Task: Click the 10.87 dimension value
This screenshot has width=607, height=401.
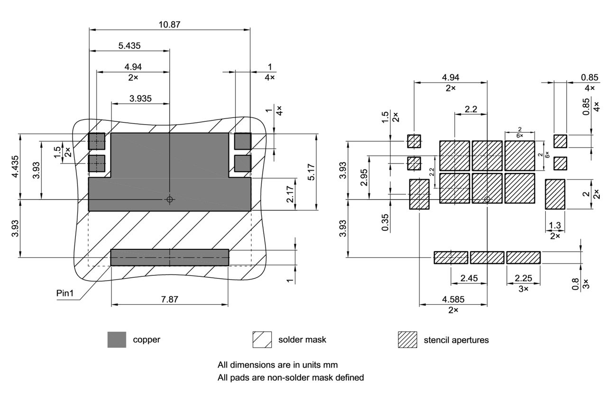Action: (170, 24)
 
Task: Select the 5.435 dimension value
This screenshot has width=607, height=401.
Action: (129, 46)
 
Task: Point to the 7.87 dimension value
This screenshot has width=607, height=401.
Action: (170, 300)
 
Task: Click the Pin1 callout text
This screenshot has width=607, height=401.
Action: (66, 293)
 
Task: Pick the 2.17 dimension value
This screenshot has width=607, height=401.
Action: (290, 194)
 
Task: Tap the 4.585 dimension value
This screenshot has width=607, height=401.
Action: (453, 300)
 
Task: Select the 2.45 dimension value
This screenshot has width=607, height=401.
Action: (469, 278)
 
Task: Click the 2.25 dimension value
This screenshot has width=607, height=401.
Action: (523, 278)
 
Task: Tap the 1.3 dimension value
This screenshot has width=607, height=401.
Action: (555, 226)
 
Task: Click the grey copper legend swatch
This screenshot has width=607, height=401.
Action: (117, 340)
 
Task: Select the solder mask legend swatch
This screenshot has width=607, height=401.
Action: (262, 340)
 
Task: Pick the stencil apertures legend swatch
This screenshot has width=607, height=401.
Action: (407, 340)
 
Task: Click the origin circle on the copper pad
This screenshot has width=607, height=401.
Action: (170, 200)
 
